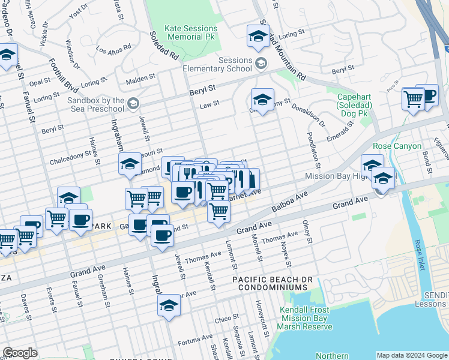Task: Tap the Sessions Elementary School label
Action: tap(226, 64)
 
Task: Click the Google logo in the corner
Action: tap(20, 353)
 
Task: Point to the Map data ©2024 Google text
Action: tap(412, 355)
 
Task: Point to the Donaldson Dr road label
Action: tap(308, 116)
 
